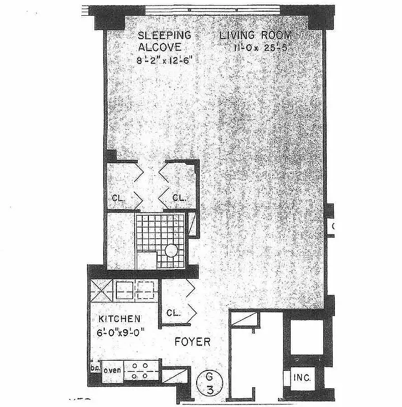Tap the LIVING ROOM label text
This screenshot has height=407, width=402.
coord(256,35)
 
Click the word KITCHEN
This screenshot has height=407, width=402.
coord(119,319)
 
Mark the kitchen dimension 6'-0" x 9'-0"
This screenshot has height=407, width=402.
coord(121,333)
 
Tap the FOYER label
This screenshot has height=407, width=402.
coord(192,341)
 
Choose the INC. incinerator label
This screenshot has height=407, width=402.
coord(301,379)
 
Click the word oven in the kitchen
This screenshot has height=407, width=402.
coord(112,370)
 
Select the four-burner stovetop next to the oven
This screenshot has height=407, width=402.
coord(142,370)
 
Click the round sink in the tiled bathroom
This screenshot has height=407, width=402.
coord(172,250)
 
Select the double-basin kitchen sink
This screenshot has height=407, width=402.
coord(135,290)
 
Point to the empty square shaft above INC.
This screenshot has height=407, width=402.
coord(303,337)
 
